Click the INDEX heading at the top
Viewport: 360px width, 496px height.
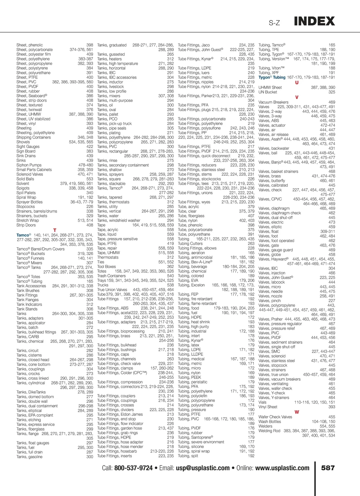click(x=314, y=21)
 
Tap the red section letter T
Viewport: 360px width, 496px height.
click(x=55, y=230)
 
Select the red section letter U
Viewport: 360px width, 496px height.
click(x=297, y=82)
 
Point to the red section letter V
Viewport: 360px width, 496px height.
click(x=297, y=97)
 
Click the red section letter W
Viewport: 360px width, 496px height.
click(x=297, y=412)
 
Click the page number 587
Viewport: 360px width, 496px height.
click(x=328, y=468)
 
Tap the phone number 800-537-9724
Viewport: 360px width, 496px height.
click(x=133, y=468)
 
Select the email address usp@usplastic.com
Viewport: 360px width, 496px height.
click(x=203, y=468)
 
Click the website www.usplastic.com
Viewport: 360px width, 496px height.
click(x=282, y=468)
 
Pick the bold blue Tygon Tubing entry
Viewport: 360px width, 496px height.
click(x=272, y=77)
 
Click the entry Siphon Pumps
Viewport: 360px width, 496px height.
click(x=29, y=165)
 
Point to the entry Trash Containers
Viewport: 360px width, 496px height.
click(x=111, y=276)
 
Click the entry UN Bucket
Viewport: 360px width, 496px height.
click(x=268, y=92)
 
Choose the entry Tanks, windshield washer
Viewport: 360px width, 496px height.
click(x=118, y=220)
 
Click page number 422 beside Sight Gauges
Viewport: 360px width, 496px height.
click(x=90, y=147)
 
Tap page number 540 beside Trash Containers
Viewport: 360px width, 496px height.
click(x=170, y=276)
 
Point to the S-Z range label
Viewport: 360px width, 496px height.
click(x=274, y=23)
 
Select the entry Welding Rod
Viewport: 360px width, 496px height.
click(x=269, y=431)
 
